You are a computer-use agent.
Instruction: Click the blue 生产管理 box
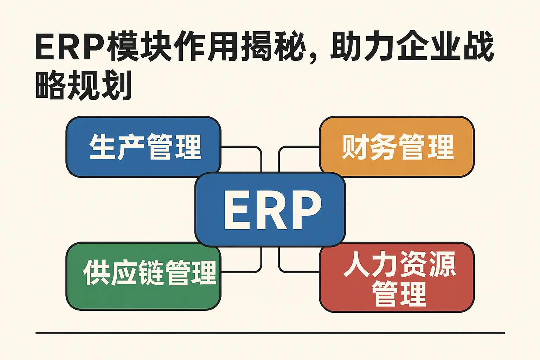(143, 147)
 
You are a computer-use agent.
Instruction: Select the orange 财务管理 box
(397, 147)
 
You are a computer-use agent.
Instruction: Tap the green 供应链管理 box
(143, 276)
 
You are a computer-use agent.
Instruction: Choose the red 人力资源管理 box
(397, 277)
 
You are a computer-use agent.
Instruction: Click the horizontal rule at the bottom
(270, 334)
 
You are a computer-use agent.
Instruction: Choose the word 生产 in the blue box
(117, 147)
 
